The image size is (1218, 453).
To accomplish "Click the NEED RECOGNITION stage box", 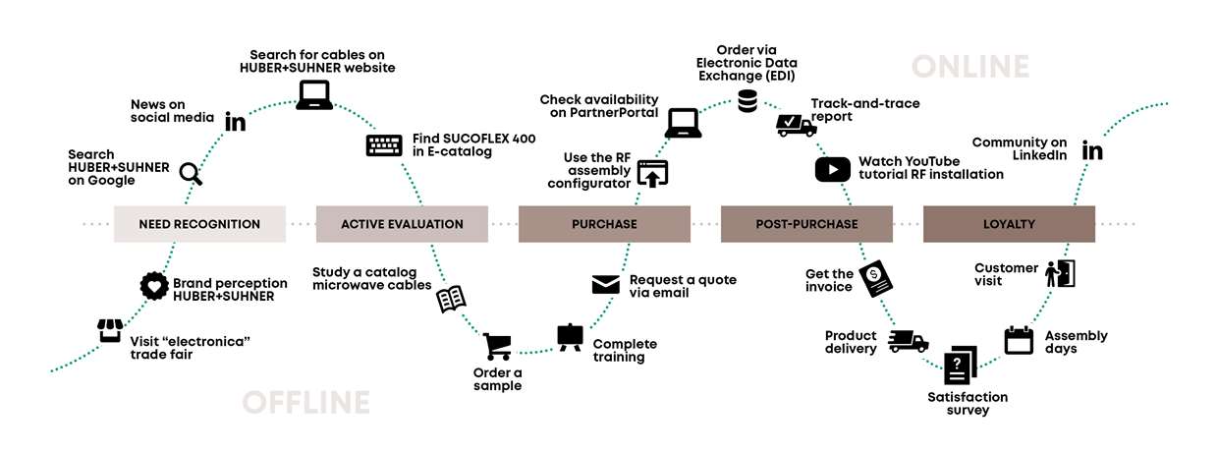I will (x=199, y=224).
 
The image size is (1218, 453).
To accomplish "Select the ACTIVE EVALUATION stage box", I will (x=402, y=224).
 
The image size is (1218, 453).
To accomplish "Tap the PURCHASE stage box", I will (x=604, y=224).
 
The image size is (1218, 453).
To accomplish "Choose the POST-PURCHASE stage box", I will (x=806, y=224).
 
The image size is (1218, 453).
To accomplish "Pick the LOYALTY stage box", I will (x=1009, y=224).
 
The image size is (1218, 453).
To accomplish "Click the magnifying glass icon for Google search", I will (x=191, y=174).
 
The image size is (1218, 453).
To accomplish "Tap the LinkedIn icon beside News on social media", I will (x=236, y=122).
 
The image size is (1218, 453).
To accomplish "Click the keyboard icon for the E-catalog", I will (x=385, y=145).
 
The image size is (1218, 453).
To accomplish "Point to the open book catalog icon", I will (x=451, y=300).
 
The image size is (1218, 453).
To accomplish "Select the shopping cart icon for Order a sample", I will (x=497, y=346).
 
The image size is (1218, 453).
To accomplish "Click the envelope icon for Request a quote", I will (x=605, y=285).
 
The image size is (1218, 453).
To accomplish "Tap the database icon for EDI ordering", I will (x=747, y=100).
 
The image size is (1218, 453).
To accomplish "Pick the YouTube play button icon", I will (x=832, y=169).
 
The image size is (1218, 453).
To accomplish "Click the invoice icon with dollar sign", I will (x=876, y=279).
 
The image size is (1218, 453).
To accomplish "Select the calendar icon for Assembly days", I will (x=1019, y=340).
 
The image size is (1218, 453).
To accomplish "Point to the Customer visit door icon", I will (x=1060, y=273).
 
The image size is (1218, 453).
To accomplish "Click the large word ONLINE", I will (x=970, y=67).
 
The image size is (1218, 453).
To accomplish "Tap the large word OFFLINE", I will (x=305, y=402).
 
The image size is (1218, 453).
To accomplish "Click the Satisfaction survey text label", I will (x=968, y=403).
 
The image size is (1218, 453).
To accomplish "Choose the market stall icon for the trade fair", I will (x=110, y=330).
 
